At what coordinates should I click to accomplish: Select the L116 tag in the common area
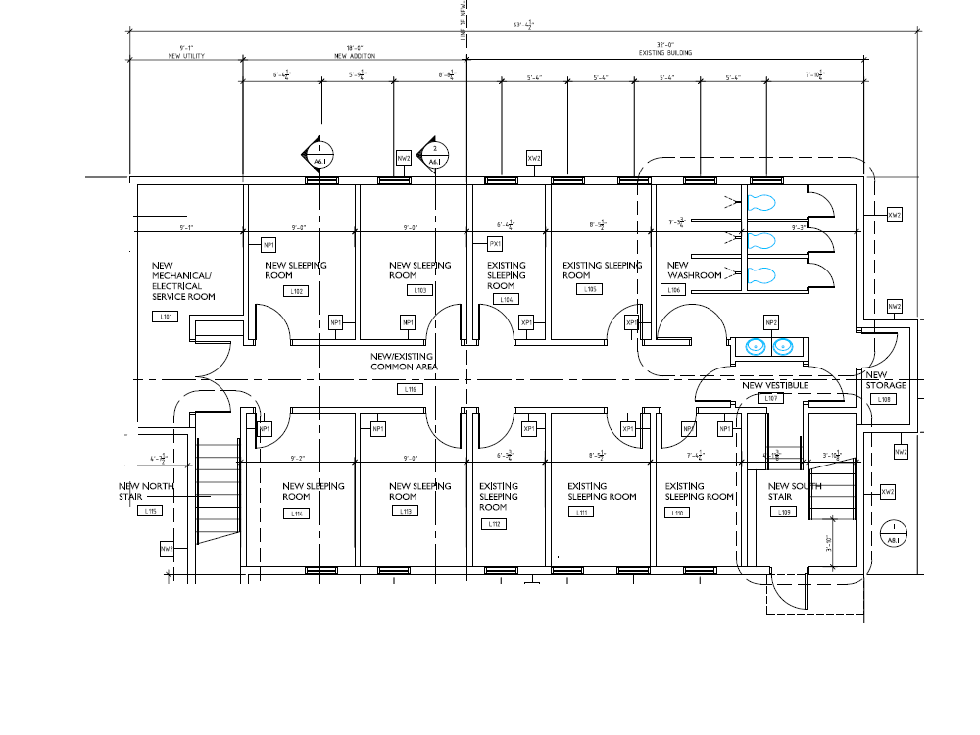pyautogui.click(x=411, y=389)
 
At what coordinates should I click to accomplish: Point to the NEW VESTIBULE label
pyautogui.click(x=773, y=385)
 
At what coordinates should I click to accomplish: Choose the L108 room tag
pyautogui.click(x=884, y=399)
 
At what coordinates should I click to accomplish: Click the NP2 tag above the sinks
pyautogui.click(x=770, y=323)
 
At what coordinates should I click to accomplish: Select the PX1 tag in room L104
pyautogui.click(x=496, y=243)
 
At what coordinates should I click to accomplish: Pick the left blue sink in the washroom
pyautogui.click(x=755, y=346)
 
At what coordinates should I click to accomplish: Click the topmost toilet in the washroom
pyautogui.click(x=759, y=204)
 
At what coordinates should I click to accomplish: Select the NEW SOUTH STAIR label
pyautogui.click(x=794, y=491)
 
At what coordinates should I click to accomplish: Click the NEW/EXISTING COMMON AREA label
pyautogui.click(x=404, y=362)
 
